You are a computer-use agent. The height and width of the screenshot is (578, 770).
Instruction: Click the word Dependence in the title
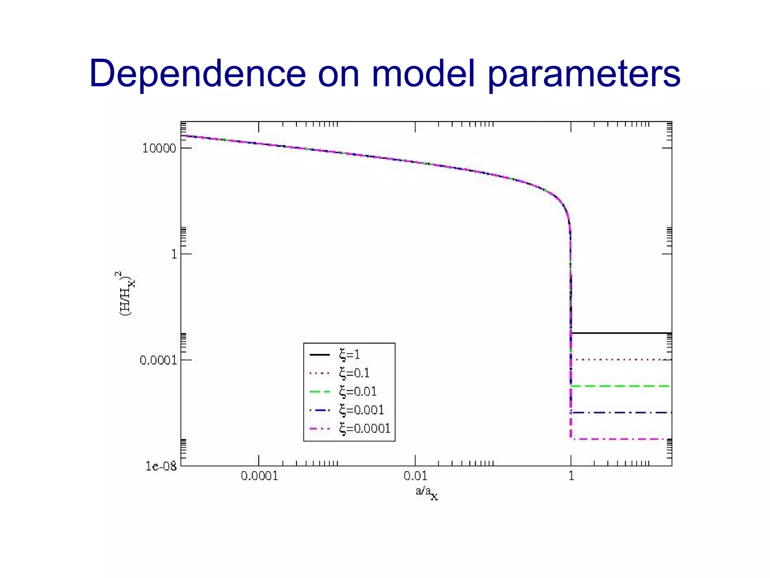pyautogui.click(x=197, y=73)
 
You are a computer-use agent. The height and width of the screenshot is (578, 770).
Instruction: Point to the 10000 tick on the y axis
pyautogui.click(x=159, y=148)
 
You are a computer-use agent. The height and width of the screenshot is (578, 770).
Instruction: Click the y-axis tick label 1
pyautogui.click(x=174, y=254)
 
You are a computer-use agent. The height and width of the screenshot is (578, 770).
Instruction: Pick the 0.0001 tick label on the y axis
pyautogui.click(x=158, y=360)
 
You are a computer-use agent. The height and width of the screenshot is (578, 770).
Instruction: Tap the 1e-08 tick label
pyautogui.click(x=161, y=467)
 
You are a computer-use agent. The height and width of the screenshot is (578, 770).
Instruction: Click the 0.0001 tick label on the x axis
pyautogui.click(x=259, y=476)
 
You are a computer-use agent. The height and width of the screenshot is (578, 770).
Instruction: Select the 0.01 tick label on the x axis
pyautogui.click(x=415, y=476)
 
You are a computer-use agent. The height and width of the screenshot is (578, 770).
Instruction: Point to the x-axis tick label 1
pyautogui.click(x=571, y=476)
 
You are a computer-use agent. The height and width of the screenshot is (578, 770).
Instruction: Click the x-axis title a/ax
pyautogui.click(x=427, y=493)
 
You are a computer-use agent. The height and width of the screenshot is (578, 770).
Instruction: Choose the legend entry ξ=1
pyautogui.click(x=349, y=354)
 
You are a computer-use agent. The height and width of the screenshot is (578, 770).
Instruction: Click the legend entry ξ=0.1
pyautogui.click(x=354, y=373)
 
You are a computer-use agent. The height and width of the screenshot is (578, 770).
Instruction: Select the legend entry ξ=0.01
pyautogui.click(x=358, y=391)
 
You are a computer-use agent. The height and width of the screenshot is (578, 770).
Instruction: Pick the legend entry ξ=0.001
pyautogui.click(x=361, y=410)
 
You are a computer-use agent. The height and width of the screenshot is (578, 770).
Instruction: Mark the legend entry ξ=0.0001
pyautogui.click(x=365, y=428)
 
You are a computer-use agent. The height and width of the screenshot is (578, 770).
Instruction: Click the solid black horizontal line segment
pyautogui.click(x=620, y=333)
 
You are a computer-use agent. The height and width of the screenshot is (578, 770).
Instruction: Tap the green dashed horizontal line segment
pyautogui.click(x=620, y=386)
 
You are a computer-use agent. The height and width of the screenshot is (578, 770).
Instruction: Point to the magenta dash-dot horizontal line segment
pyautogui.click(x=620, y=439)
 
